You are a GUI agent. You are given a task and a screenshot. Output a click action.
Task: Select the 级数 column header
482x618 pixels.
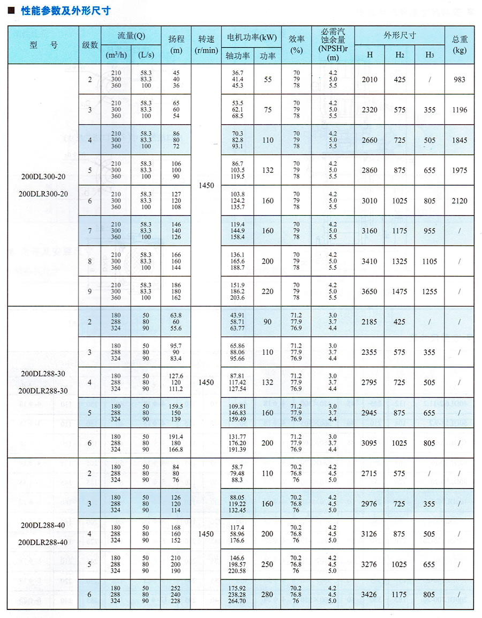90,44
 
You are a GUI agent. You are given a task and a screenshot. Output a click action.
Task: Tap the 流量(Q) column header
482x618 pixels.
131,36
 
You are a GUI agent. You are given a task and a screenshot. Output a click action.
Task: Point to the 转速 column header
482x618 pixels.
206,44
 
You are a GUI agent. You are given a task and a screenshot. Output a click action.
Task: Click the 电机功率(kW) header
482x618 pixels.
252,37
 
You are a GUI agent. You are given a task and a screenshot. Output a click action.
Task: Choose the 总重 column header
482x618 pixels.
460,44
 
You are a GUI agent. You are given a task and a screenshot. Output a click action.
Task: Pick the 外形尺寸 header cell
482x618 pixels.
399,35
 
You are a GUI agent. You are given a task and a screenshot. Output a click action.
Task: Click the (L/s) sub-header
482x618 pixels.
146,55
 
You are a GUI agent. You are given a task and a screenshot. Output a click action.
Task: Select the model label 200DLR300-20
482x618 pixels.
43,194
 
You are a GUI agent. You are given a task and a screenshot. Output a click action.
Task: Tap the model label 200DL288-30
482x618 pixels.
43,373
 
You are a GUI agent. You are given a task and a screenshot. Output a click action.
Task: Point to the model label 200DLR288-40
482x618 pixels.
43,542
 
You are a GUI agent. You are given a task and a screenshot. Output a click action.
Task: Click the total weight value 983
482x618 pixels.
460,79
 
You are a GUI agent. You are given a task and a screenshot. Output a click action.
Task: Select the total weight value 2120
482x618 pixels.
460,201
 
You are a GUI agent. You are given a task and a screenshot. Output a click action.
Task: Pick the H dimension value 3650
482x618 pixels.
370,292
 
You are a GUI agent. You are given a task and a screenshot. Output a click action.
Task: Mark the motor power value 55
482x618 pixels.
268,79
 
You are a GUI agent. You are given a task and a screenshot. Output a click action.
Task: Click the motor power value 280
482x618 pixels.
267,594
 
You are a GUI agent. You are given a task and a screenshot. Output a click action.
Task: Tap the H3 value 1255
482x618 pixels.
429,292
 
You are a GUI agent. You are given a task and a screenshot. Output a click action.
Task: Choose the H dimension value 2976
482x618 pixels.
370,503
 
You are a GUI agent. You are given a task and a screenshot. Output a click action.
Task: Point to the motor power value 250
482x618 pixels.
267,564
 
